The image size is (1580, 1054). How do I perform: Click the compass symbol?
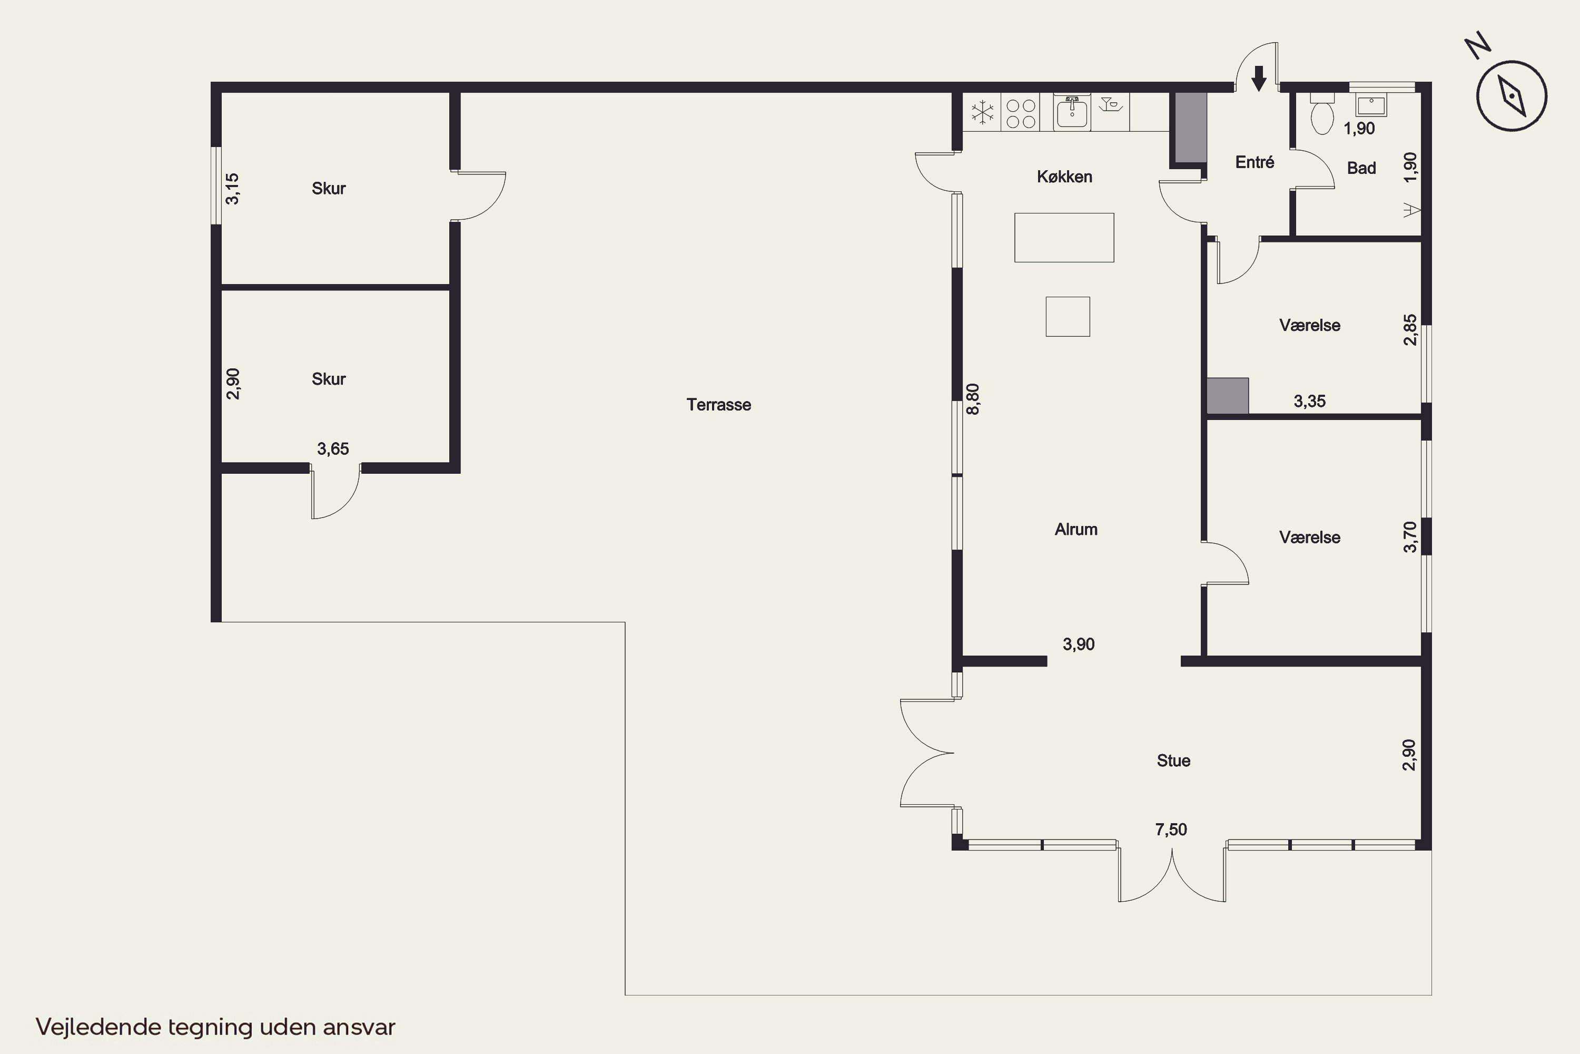(x=1512, y=95)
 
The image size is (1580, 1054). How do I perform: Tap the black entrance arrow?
(x=1259, y=79)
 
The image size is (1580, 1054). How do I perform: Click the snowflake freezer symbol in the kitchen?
(x=982, y=112)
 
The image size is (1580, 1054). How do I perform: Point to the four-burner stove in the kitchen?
(x=1021, y=113)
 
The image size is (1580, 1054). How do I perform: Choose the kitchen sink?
(x=1072, y=112)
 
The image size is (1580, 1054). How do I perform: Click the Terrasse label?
(x=719, y=405)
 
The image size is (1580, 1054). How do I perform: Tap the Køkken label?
(x=1065, y=177)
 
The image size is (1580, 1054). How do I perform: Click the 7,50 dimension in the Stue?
(x=1171, y=829)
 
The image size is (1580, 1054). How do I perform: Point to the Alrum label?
(x=1076, y=530)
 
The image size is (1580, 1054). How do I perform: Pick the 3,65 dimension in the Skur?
(x=333, y=449)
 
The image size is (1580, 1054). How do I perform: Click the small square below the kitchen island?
(x=1068, y=317)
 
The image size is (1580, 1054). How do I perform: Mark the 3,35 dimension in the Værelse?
(x=1310, y=401)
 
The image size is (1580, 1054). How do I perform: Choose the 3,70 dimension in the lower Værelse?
(x=1410, y=537)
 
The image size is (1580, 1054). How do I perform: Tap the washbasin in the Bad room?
(x=1370, y=105)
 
